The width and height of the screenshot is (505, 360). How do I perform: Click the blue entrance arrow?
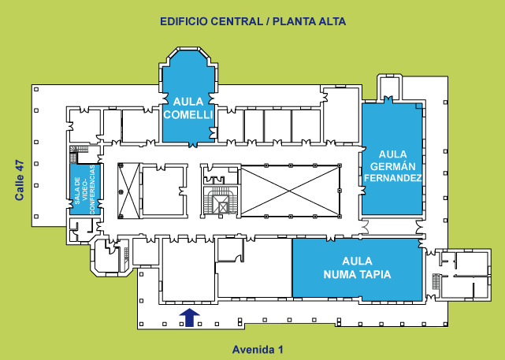189,317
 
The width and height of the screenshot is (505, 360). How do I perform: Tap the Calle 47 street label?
21,180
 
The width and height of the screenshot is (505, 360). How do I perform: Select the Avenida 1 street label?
257,349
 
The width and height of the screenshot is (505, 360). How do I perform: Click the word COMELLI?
188,114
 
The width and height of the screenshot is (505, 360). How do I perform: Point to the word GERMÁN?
392,165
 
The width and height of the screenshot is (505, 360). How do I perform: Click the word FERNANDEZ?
392,178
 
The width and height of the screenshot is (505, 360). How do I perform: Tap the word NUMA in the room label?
340,274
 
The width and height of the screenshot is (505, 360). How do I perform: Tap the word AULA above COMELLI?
188,102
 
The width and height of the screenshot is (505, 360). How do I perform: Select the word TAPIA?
373,274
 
